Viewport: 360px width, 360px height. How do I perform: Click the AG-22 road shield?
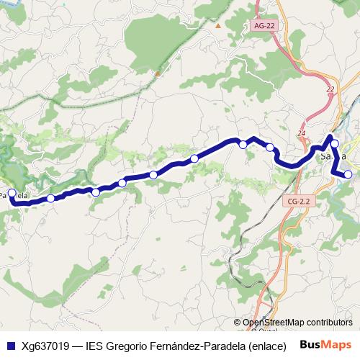click(x=264, y=26)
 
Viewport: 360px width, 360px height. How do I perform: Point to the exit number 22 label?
click(x=330, y=89)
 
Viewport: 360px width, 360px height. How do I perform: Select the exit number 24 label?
click(x=302, y=134)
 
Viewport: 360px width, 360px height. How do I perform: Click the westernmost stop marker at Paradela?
click(x=12, y=193)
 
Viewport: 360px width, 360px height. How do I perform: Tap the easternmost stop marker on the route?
click(x=348, y=174)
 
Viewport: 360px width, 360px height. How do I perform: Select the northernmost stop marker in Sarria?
click(x=335, y=144)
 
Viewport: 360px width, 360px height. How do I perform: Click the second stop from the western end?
click(x=51, y=198)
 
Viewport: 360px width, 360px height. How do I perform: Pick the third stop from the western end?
click(x=96, y=192)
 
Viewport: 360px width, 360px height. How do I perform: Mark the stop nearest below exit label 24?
click(x=270, y=148)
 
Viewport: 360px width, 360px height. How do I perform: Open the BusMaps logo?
click(x=325, y=344)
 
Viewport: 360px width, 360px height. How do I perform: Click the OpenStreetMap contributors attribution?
click(x=297, y=323)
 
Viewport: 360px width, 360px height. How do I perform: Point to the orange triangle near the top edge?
click(x=218, y=26)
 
